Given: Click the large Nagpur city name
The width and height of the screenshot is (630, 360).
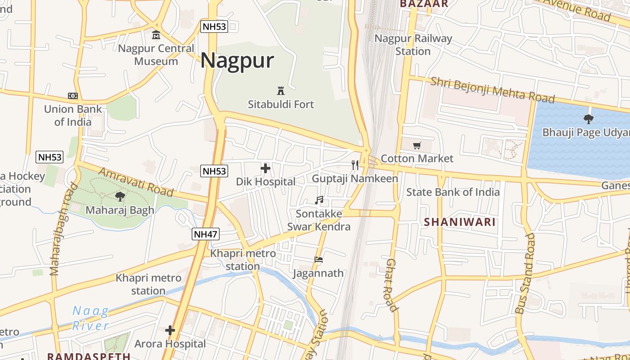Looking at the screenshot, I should pyautogui.click(x=237, y=60).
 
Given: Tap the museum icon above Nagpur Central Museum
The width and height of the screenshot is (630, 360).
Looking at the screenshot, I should pyautogui.click(x=156, y=35).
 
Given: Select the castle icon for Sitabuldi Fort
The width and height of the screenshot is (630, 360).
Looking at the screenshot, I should pyautogui.click(x=281, y=90).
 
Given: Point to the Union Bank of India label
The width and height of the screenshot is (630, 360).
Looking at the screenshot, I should pyautogui.click(x=73, y=115).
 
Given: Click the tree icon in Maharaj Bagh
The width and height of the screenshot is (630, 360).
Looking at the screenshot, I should pyautogui.click(x=120, y=196).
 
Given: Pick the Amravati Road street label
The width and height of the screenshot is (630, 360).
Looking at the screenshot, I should pyautogui.click(x=135, y=182).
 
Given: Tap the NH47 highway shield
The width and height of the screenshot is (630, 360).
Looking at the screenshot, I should pyautogui.click(x=206, y=234).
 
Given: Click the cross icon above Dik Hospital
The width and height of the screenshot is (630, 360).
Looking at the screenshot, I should pyautogui.click(x=265, y=169).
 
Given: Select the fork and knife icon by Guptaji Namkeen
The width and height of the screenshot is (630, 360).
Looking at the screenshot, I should pyautogui.click(x=355, y=165).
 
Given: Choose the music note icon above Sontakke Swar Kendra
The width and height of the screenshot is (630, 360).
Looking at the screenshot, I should pyautogui.click(x=319, y=200).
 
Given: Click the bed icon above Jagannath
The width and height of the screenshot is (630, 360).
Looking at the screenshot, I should pyautogui.click(x=319, y=260).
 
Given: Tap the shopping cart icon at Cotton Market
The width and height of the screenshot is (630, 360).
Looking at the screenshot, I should pyautogui.click(x=417, y=145).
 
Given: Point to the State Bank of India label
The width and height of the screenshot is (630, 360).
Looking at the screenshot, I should pyautogui.click(x=453, y=192).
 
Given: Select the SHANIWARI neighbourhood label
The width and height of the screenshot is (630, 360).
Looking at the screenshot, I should pyautogui.click(x=459, y=222).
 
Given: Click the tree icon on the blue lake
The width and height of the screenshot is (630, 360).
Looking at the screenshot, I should pyautogui.click(x=588, y=119).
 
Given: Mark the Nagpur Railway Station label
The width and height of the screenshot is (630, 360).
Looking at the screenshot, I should pyautogui.click(x=413, y=45).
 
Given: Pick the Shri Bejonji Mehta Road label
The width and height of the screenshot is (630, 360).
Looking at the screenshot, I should pyautogui.click(x=492, y=90).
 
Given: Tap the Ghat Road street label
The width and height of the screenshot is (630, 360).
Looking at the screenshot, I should pyautogui.click(x=391, y=285).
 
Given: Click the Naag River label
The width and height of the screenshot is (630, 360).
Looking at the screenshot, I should pyautogui.click(x=91, y=318).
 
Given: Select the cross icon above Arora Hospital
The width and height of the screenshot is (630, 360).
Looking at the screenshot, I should pyautogui.click(x=170, y=330).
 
